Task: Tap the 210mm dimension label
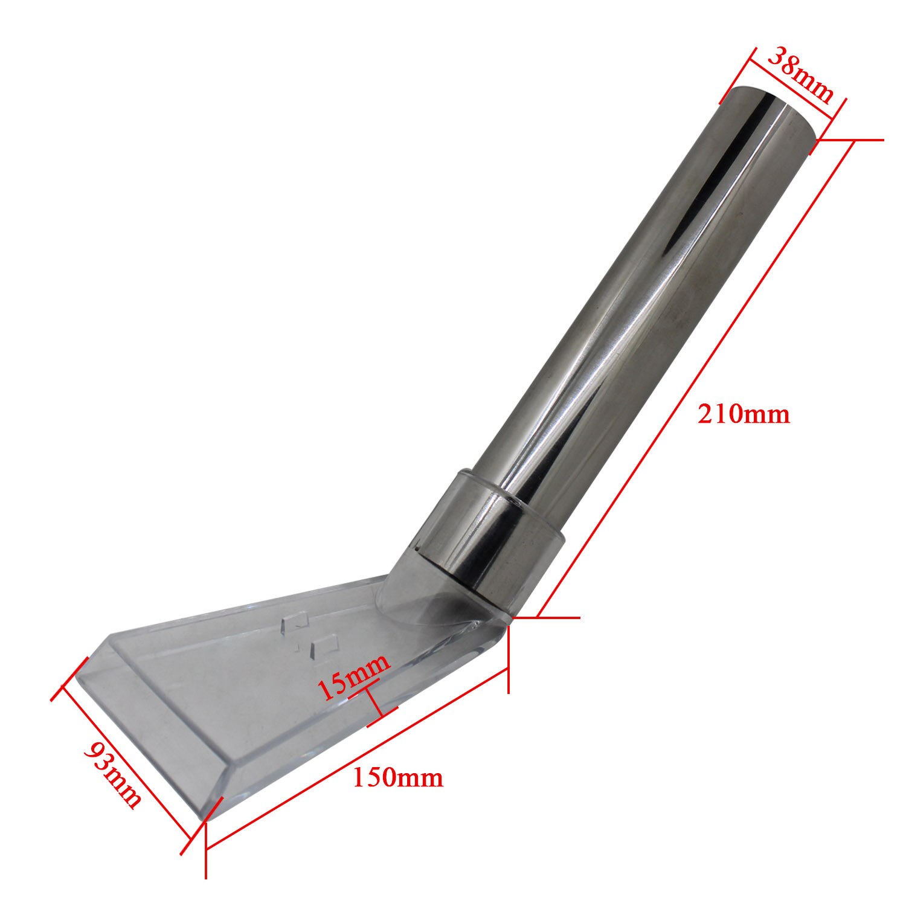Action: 744,414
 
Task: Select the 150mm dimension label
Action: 397,777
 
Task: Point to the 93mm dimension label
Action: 113,775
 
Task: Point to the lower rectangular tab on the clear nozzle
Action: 322,644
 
